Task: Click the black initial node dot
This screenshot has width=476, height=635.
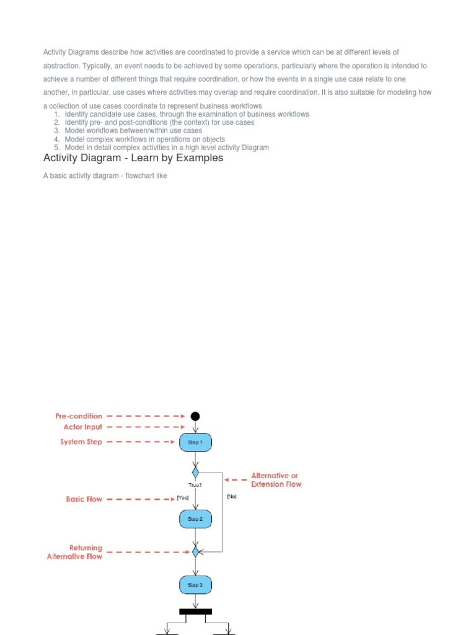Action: [195, 416]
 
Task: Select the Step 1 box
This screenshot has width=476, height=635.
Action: [195, 442]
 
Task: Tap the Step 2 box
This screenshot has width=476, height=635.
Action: [195, 518]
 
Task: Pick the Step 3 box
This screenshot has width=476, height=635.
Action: [195, 585]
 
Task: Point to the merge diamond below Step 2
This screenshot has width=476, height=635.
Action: [195, 551]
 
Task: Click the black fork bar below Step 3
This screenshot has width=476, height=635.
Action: [195, 611]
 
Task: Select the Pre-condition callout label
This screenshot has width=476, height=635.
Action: [79, 416]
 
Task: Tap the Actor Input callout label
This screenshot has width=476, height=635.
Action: [82, 427]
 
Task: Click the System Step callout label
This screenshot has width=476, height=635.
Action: [81, 442]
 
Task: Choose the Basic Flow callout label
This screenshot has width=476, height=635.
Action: [84, 499]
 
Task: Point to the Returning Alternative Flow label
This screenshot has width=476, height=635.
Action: [75, 552]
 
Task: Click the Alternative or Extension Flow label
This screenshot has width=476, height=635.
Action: [276, 480]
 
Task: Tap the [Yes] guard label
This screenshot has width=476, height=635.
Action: [182, 497]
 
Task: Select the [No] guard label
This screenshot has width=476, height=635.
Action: [232, 496]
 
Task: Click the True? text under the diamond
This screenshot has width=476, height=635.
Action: [195, 485]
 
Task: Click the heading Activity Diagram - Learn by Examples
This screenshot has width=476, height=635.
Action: [133, 158]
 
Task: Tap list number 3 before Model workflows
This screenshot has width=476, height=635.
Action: [56, 131]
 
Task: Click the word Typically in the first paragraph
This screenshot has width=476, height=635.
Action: [94, 66]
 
